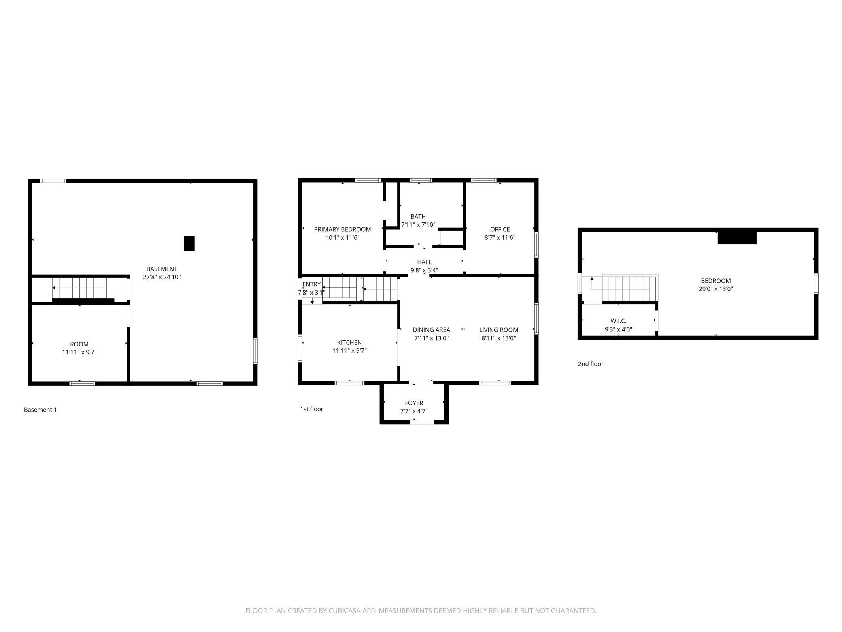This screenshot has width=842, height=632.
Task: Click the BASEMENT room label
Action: tap(162, 269)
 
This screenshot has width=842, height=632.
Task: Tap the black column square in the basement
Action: tap(189, 243)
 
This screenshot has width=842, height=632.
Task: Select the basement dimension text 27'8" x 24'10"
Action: tap(162, 277)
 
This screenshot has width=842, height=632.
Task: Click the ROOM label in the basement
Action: tap(79, 344)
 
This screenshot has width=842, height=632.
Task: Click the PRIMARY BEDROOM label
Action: tap(342, 229)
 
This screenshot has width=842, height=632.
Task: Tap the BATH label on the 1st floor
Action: tap(418, 217)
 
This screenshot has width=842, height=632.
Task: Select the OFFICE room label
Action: tap(500, 229)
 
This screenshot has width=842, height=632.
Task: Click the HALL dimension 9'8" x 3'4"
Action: tap(424, 270)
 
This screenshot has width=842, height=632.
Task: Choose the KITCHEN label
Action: tap(349, 343)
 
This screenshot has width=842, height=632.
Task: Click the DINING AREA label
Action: tap(432, 330)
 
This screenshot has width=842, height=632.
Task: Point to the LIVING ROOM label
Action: tap(499, 330)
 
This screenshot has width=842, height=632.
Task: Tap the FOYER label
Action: tap(414, 403)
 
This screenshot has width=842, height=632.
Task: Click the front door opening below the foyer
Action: tap(422, 422)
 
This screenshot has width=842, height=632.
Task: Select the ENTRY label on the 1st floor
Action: tap(312, 284)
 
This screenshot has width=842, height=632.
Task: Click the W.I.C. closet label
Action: tap(619, 321)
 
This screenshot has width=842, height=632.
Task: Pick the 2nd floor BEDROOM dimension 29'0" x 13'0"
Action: tap(716, 289)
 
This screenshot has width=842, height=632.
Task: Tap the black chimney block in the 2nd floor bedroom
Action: tap(737, 237)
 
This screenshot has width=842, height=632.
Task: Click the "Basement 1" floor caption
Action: tap(40, 410)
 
